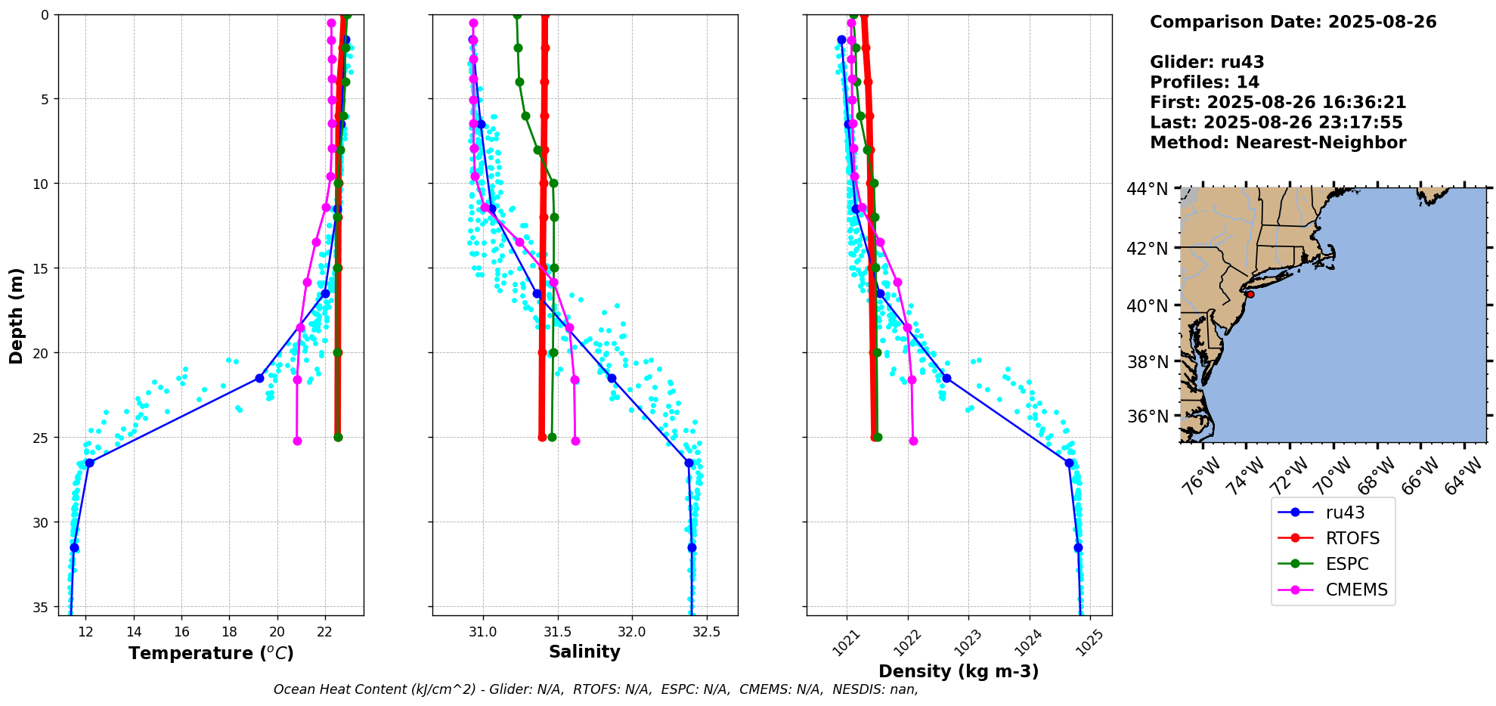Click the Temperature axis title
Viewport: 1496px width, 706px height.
tap(211, 653)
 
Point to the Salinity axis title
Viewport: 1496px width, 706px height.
tap(584, 652)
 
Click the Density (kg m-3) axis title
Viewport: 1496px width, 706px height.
tap(959, 671)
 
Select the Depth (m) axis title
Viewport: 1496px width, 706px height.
tap(17, 315)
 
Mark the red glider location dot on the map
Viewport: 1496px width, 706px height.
tap(1250, 294)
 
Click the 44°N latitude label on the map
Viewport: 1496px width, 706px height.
tap(1147, 189)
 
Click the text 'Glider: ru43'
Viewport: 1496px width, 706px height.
tap(1206, 62)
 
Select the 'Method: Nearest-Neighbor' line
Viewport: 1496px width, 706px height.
tap(1278, 142)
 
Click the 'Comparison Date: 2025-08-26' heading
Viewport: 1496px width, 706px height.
tap(1293, 22)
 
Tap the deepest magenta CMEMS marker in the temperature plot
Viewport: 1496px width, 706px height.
tap(297, 441)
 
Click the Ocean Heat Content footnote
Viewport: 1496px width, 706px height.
tap(596, 689)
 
